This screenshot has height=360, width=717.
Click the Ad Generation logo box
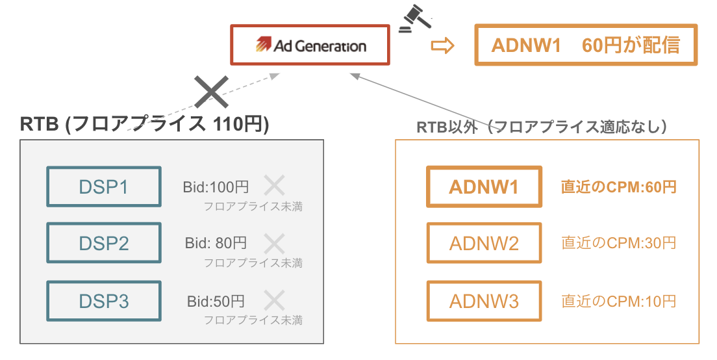tap(310, 45)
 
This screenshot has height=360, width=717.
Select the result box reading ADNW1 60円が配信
tap(586, 45)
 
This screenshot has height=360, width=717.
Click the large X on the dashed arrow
tap(212, 92)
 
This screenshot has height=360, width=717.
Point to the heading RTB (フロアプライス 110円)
tap(144, 123)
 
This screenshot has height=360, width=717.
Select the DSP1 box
tap(104, 187)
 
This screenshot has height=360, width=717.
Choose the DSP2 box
tap(104, 244)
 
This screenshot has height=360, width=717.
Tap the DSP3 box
tap(104, 301)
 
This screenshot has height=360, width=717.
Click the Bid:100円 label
tap(216, 187)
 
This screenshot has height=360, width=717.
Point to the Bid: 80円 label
tap(216, 244)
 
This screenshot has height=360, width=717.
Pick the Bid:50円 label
tap(216, 301)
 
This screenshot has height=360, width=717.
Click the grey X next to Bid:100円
tap(274, 186)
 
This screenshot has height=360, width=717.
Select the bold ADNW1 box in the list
tap(484, 187)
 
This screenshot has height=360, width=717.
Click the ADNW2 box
tap(484, 244)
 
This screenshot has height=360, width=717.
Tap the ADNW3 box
tap(484, 301)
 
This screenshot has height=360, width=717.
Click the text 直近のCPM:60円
tap(619, 187)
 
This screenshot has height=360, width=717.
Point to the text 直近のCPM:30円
tap(619, 244)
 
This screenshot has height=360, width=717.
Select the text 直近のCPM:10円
tap(619, 301)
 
